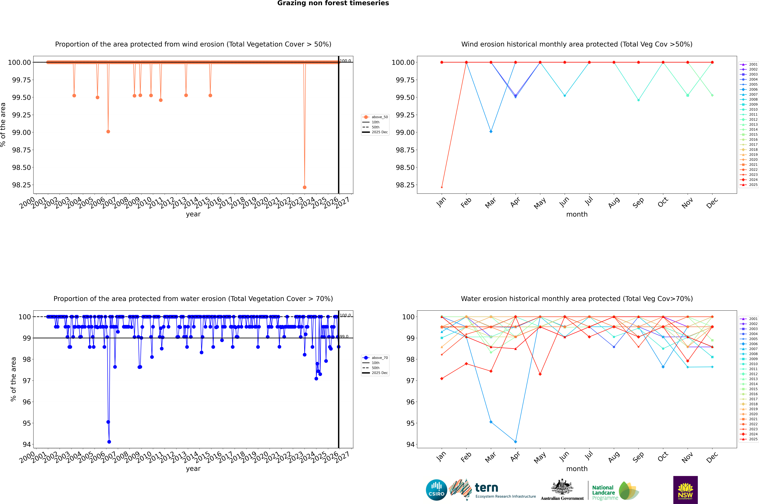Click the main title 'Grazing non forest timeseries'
pyautogui.click(x=333, y=3)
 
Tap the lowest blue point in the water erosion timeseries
pyautogui.click(x=109, y=442)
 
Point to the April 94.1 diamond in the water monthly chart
pyautogui.click(x=515, y=442)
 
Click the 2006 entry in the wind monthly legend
pyautogui.click(x=750, y=89)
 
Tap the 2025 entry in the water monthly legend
pyautogui.click(x=750, y=439)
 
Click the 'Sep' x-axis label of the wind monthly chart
pyautogui.click(x=638, y=202)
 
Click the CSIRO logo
pyautogui.click(x=436, y=490)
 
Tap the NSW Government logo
pyautogui.click(x=685, y=490)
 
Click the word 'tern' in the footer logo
pyautogui.click(x=486, y=488)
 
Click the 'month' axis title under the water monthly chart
pyautogui.click(x=577, y=469)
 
